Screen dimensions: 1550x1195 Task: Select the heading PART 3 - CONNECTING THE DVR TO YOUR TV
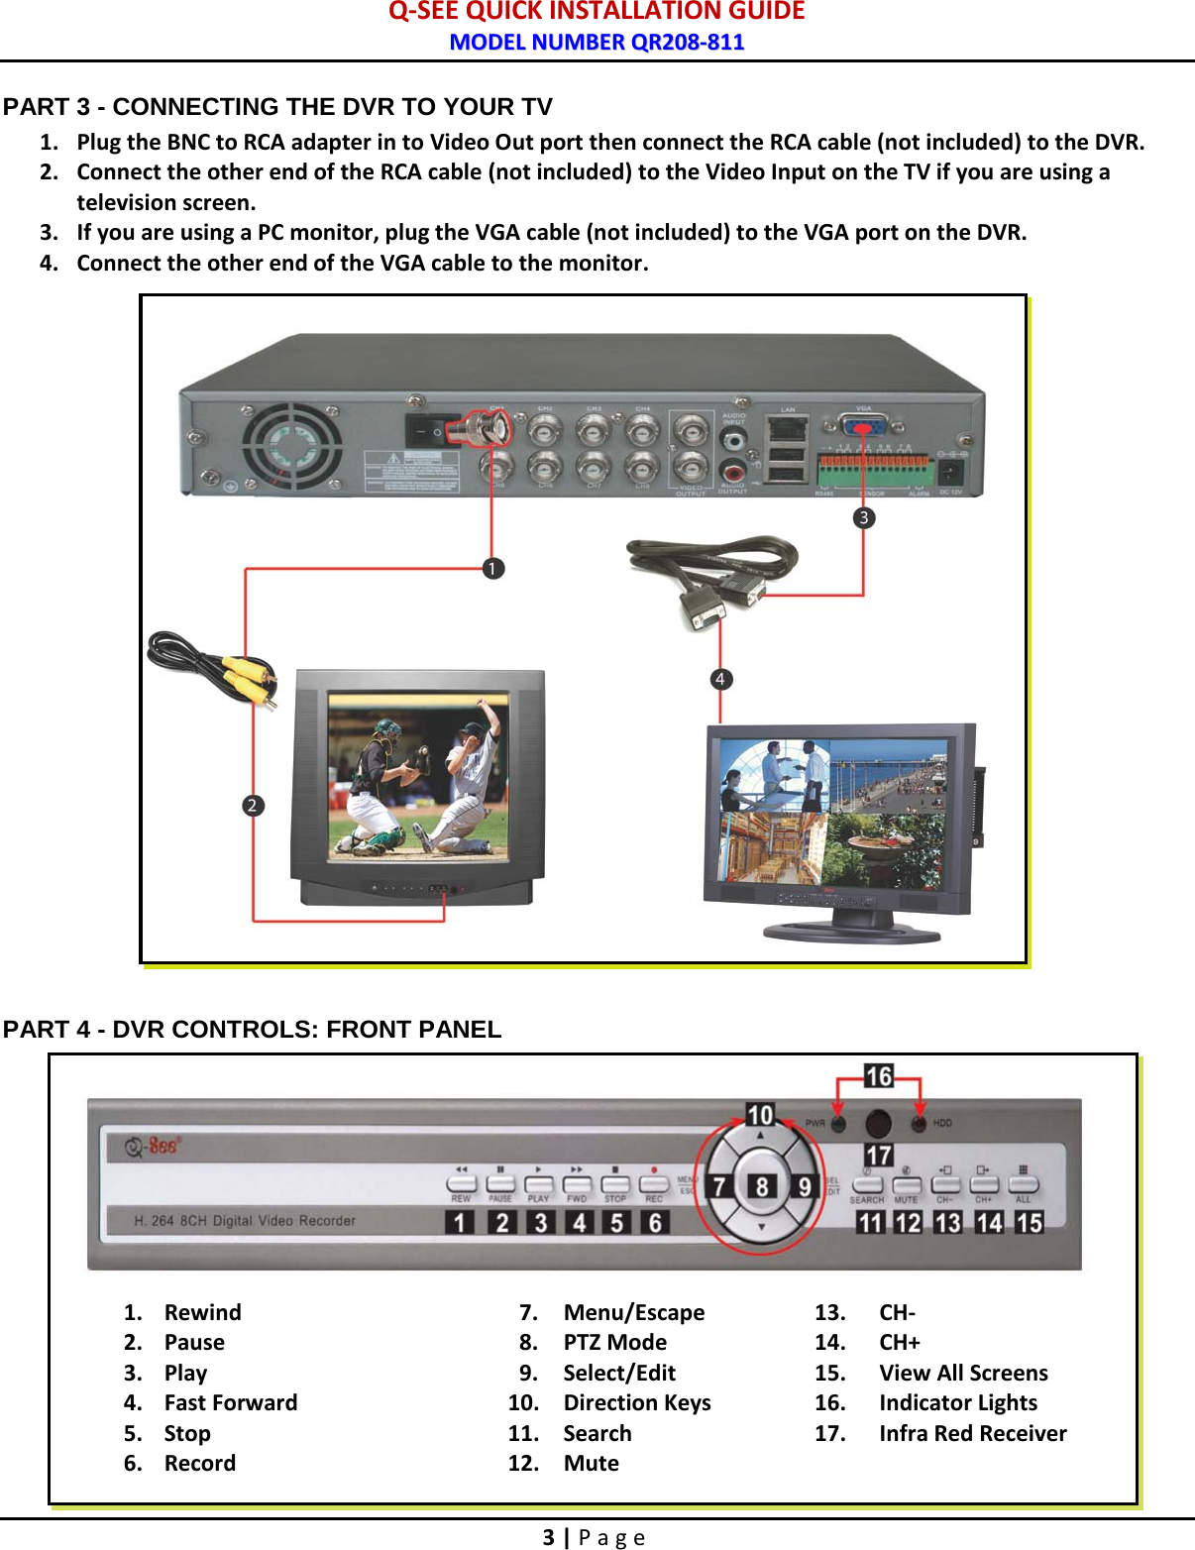click(277, 107)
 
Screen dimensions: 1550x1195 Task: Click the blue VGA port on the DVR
click(864, 426)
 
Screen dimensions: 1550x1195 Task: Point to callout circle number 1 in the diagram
click(492, 568)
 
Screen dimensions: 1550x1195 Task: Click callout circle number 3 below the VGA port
click(864, 517)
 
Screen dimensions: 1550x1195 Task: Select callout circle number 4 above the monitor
click(720, 679)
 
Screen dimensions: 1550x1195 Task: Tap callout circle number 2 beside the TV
click(253, 805)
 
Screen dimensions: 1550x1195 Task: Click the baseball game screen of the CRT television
click(417, 776)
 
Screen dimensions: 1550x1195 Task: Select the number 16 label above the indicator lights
click(879, 1076)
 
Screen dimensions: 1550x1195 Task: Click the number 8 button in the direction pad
click(761, 1186)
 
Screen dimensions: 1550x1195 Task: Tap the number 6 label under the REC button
click(655, 1223)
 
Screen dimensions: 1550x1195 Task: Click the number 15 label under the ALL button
click(1030, 1223)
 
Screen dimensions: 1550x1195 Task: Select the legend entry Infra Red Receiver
click(972, 1433)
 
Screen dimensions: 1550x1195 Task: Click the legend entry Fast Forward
click(230, 1402)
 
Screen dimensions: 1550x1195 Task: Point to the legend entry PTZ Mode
click(614, 1342)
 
